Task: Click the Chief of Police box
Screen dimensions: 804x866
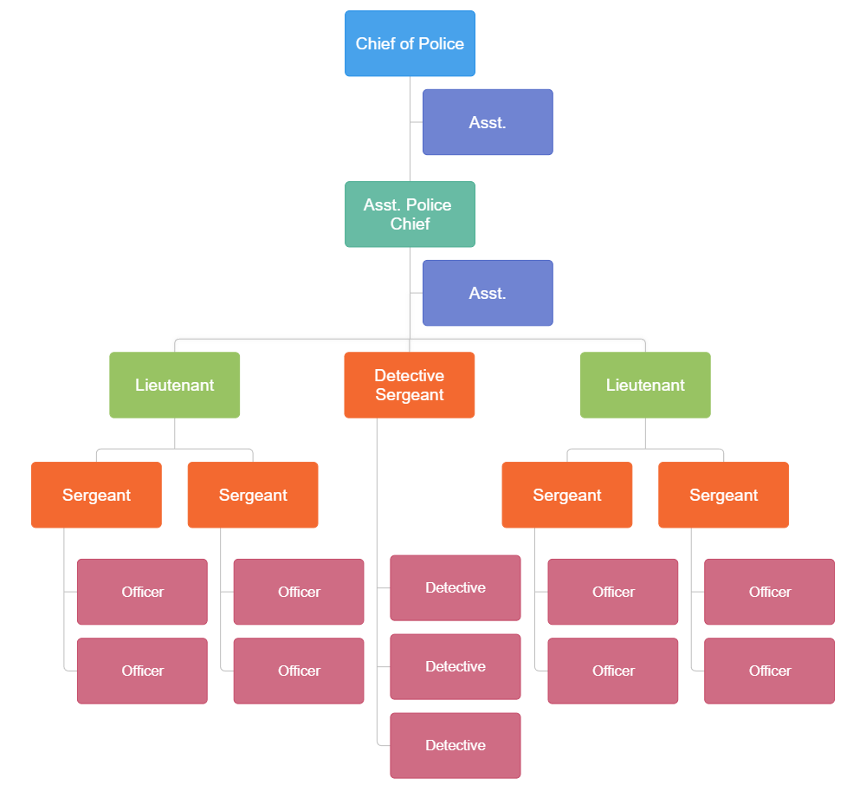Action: [x=410, y=43]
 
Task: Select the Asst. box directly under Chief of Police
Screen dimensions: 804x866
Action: [x=488, y=122]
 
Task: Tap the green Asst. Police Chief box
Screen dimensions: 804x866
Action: [x=410, y=214]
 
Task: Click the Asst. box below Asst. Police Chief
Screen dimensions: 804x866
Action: [x=488, y=293]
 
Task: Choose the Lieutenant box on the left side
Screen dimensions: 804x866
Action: [x=175, y=385]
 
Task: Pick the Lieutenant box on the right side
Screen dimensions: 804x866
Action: [x=645, y=385]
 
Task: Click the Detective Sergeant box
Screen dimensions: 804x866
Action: [x=410, y=385]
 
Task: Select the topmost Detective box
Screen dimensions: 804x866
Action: [x=456, y=587]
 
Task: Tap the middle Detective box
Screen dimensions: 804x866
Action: [x=456, y=666]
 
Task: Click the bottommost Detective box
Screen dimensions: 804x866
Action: [x=456, y=745]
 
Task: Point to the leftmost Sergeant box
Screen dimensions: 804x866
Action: [x=96, y=495]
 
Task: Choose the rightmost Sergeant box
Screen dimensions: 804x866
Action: [x=724, y=495]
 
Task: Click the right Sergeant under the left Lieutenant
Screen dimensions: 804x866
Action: [x=253, y=495]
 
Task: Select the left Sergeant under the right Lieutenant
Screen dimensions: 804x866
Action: [x=567, y=495]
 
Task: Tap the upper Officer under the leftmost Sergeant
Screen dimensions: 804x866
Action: [x=142, y=592]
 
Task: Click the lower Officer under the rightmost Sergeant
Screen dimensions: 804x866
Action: [x=769, y=671]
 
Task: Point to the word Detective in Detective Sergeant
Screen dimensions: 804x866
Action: [x=409, y=375]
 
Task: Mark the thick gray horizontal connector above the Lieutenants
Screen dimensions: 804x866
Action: [x=294, y=337]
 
